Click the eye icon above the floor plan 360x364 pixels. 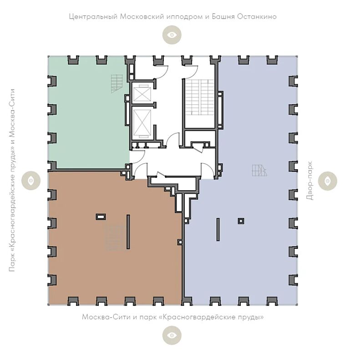pos(172,35)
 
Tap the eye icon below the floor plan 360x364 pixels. pos(172,335)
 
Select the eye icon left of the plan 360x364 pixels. pos(31,181)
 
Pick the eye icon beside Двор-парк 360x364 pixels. pos(328,181)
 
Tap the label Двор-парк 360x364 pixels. pos(309,181)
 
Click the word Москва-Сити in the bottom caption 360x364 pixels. pos(106,317)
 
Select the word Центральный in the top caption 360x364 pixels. pos(93,17)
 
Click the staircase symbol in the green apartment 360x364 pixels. pos(117,84)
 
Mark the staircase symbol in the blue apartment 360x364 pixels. pos(260,170)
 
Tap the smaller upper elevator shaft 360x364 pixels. pos(142,93)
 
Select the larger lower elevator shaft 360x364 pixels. pos(142,123)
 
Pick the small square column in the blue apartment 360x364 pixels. pos(241,221)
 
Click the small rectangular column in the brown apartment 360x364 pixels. pos(101,217)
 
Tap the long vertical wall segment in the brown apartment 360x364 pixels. pos(128,232)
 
